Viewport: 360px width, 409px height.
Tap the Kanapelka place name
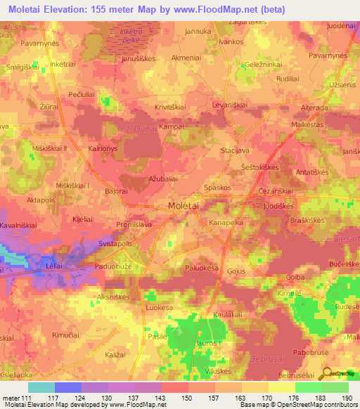[x=226, y=222]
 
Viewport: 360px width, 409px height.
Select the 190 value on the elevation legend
[x=347, y=398]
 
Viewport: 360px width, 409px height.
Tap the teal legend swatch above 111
[x=41, y=387]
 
